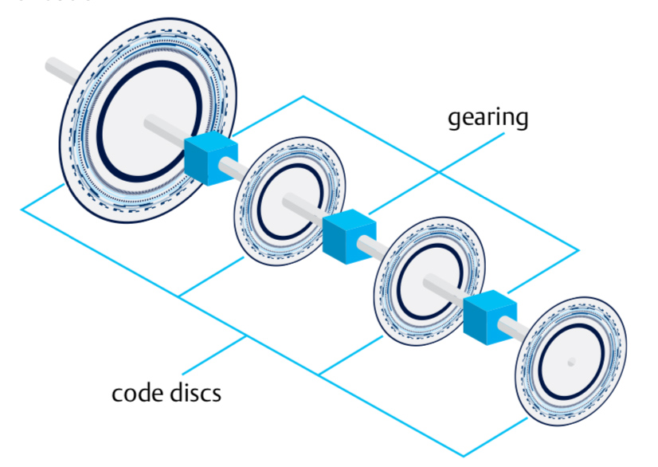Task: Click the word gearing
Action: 488,118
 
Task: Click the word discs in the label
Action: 194,393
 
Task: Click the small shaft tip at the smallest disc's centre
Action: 571,363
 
